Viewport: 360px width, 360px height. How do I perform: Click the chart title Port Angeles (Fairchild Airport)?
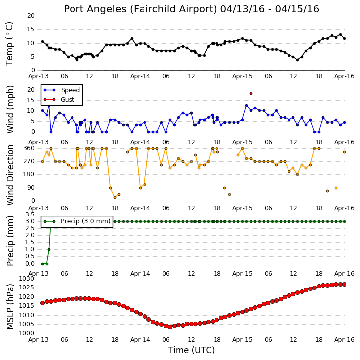click(141, 9)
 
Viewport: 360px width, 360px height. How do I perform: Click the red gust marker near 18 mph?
click(251, 94)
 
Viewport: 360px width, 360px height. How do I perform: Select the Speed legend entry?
click(62, 90)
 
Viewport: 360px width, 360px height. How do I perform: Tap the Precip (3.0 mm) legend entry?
click(77, 221)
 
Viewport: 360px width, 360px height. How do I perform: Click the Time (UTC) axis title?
click(191, 350)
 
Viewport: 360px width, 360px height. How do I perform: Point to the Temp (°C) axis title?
click(10, 44)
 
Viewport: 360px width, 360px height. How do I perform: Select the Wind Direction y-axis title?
click(10, 175)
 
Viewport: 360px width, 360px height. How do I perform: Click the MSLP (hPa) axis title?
click(10, 306)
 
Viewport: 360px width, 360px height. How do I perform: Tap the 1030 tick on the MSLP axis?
click(27, 279)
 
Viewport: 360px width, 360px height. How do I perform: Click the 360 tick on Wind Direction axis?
click(29, 148)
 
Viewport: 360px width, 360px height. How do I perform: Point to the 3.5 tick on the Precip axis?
click(30, 215)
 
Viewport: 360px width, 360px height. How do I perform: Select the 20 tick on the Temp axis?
click(31, 16)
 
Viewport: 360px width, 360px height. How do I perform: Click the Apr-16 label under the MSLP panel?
click(344, 340)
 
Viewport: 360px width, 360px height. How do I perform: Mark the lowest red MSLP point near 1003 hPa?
click(170, 327)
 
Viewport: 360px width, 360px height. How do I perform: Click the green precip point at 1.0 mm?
click(49, 250)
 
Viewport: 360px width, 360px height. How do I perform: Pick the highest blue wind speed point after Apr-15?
click(247, 106)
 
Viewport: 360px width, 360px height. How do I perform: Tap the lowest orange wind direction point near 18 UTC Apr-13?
click(115, 197)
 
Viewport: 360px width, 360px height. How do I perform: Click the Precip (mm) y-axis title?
click(10, 241)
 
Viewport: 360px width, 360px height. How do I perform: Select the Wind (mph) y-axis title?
click(10, 109)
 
